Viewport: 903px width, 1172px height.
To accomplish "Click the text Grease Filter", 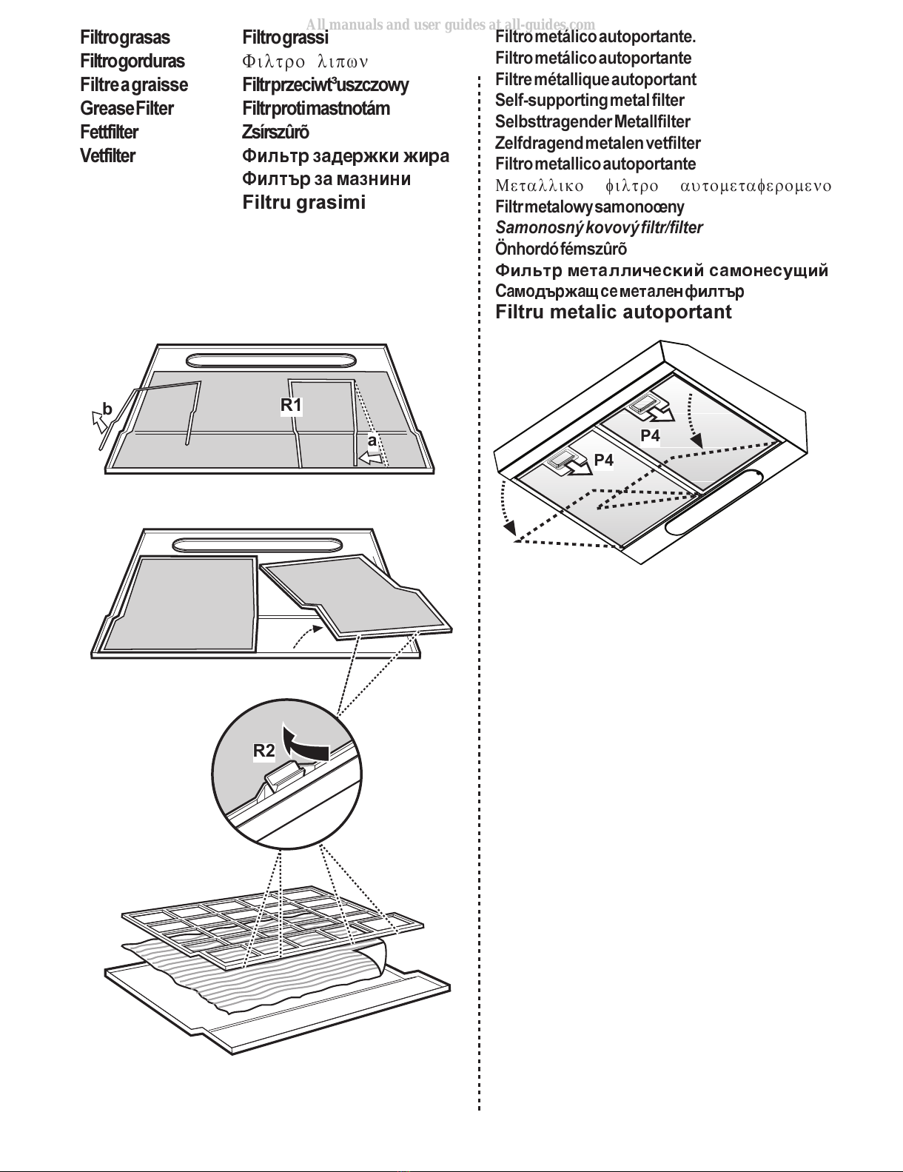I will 127,109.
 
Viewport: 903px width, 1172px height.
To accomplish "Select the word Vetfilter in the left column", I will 108,156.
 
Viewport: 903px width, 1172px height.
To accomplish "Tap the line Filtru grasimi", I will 303,203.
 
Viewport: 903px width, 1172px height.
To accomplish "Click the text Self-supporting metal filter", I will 589,101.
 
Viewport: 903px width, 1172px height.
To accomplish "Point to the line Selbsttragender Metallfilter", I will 592,122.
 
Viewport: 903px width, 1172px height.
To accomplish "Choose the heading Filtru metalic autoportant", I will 613,312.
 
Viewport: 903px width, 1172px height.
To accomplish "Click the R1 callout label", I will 291,405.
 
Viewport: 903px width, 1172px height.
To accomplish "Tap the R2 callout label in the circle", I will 264,751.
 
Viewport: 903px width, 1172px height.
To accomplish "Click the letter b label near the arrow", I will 107,409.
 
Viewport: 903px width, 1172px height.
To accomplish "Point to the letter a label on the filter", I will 372,441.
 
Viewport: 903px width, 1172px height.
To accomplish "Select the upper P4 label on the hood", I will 650,436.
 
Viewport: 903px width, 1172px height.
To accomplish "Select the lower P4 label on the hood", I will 604,461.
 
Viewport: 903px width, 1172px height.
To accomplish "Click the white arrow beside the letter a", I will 372,459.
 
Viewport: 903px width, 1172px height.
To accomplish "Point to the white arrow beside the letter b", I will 98,421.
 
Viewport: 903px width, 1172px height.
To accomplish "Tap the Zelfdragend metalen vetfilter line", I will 597,143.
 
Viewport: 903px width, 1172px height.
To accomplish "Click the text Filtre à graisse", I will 134,85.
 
